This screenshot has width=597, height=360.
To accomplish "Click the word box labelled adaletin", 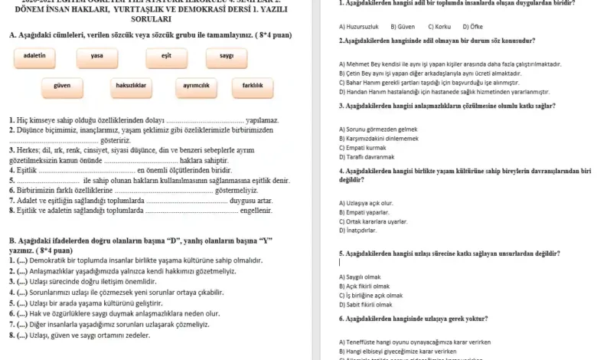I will point(34,56).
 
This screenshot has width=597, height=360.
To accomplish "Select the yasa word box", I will point(97,56).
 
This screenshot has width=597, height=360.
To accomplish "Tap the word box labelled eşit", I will point(166,56).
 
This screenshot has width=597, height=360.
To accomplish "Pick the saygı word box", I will point(227,56).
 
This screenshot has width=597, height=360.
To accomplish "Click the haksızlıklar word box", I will point(130,86).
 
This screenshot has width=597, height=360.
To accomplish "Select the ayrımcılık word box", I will point(197,86).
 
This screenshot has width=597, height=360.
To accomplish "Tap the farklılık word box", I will point(253,86).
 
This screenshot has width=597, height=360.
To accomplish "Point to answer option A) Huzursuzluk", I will point(359,27).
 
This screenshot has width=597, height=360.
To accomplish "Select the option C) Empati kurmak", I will point(363,147).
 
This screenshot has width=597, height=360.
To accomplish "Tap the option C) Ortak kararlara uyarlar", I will point(374,221).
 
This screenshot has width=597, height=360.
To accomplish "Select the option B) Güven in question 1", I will point(402,27).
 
